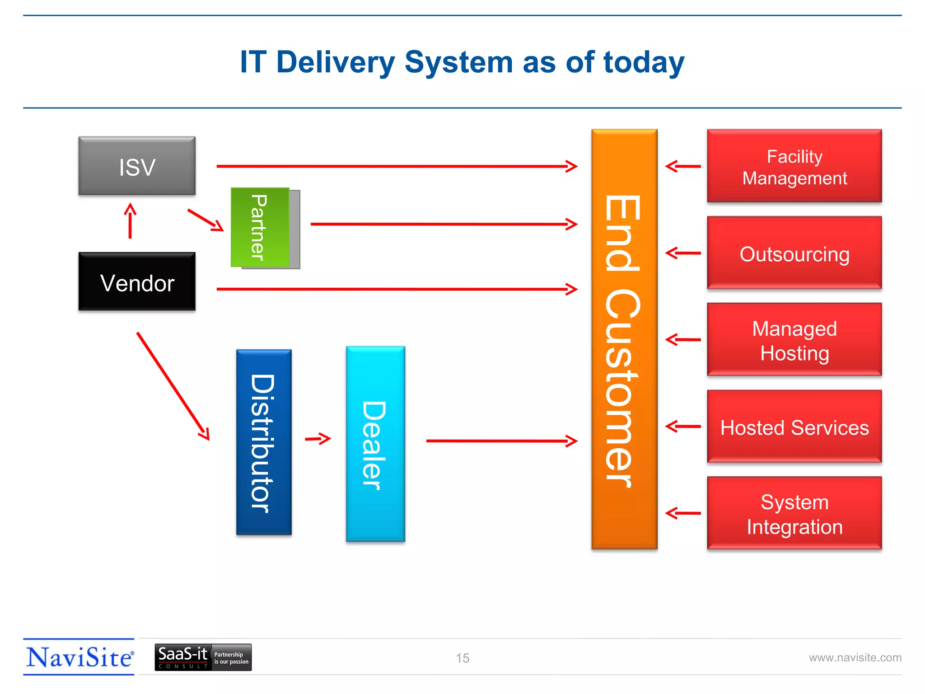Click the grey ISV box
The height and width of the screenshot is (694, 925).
coord(137,166)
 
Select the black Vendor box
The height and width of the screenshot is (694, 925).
coord(137,281)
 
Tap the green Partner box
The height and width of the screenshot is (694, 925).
coord(260,227)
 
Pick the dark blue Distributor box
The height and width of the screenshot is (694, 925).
coord(264,442)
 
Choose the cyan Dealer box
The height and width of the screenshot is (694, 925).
coord(375,444)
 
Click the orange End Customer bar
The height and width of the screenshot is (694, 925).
coord(624,339)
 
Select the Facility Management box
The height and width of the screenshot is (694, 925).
coord(794,166)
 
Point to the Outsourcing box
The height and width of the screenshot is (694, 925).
coord(794,253)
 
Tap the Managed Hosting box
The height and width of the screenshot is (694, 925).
coord(794,339)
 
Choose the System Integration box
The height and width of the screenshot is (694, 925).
coord(794,513)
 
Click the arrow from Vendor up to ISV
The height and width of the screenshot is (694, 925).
coord(130,221)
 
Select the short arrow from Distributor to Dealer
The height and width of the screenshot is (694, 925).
coord(318,438)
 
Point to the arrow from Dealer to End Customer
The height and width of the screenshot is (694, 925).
coord(501,441)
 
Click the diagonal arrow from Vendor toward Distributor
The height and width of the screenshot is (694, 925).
coord(173,386)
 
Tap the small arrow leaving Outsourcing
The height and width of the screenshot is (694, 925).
coord(683,253)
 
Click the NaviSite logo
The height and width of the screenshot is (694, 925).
coord(79,657)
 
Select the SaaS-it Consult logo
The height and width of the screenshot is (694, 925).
coord(203,657)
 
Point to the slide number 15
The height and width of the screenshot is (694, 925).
coord(462,658)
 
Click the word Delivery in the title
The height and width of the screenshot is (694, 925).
coord(335,62)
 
